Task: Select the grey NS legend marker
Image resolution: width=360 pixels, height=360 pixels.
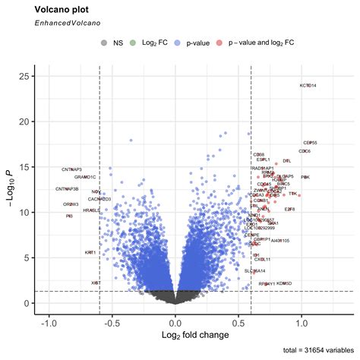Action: (104, 43)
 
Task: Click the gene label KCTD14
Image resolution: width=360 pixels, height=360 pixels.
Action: (308, 86)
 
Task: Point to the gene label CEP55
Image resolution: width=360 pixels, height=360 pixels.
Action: (310, 142)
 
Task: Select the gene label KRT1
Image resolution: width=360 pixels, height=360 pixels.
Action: (90, 252)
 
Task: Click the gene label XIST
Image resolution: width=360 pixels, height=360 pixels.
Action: (96, 283)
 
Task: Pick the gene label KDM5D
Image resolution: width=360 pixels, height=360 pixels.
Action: (284, 283)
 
